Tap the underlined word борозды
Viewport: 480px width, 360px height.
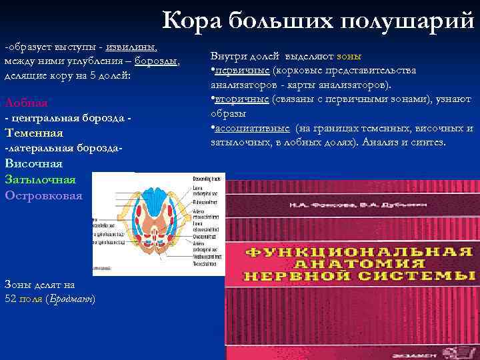[x=156, y=62]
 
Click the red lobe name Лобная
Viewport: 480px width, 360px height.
[x=26, y=103]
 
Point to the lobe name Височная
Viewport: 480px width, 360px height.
[x=33, y=163]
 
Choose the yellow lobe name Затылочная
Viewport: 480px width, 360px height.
[x=40, y=179]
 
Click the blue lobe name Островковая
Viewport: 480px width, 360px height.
[x=44, y=195]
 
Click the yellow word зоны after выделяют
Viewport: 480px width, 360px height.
[x=349, y=56]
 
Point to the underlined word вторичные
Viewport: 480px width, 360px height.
[x=241, y=99]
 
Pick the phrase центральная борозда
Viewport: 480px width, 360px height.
[x=67, y=118]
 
